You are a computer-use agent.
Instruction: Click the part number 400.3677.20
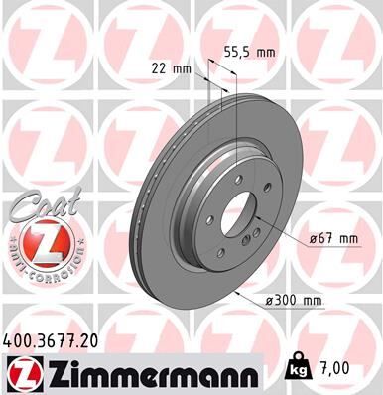[52, 341]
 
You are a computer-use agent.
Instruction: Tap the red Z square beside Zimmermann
[22, 373]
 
